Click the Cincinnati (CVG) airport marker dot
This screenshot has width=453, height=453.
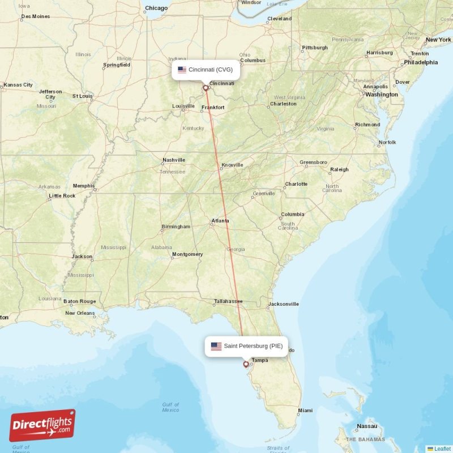tap(206, 88)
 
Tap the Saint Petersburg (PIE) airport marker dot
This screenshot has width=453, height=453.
tap(246, 364)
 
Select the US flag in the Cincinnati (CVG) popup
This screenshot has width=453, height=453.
tap(182, 70)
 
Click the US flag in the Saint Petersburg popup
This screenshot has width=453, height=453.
tap(216, 346)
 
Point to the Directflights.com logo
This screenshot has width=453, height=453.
tap(42, 425)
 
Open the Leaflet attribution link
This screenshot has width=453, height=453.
tap(442, 448)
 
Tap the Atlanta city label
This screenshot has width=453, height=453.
tap(220, 220)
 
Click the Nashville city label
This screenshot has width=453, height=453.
tap(174, 160)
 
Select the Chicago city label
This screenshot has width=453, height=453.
tap(156, 8)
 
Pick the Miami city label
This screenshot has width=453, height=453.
tap(305, 410)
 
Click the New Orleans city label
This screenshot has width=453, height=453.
tap(80, 313)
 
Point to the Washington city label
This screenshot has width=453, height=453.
tap(381, 95)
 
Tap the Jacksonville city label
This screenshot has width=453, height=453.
tap(284, 304)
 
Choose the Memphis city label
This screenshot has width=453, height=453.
tap(84, 186)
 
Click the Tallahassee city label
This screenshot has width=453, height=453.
tap(228, 301)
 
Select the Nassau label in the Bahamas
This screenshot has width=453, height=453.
tap(367, 426)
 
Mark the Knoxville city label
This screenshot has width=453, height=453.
tap(232, 165)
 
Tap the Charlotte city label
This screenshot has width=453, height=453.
tap(296, 184)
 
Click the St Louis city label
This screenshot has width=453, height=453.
tap(83, 96)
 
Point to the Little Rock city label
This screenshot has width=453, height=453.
tap(62, 196)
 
